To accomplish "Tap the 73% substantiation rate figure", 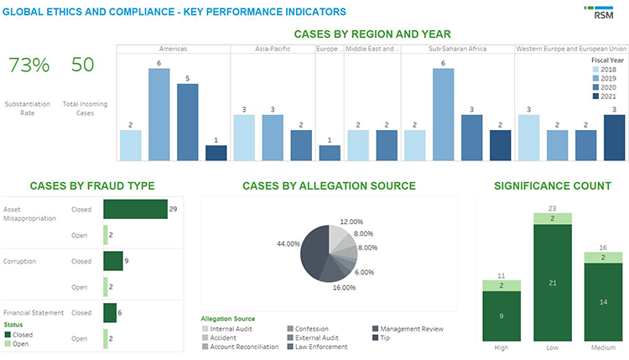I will (x=29, y=65).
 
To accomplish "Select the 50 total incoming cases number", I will (x=82, y=65).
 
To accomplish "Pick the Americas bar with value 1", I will (x=216, y=153).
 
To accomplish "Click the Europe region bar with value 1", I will (x=330, y=153).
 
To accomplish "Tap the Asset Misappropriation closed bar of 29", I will (x=135, y=209).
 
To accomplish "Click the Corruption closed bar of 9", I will (x=113, y=261).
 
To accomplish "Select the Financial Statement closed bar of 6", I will (x=110, y=312).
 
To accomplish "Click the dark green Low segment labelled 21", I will (x=553, y=284).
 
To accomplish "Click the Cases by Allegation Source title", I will (x=329, y=185).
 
